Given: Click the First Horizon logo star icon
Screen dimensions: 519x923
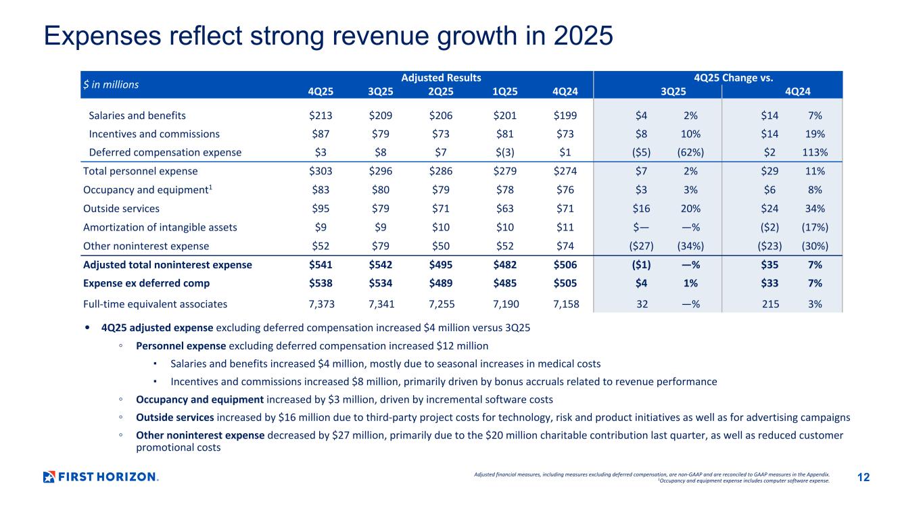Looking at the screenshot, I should [49, 477].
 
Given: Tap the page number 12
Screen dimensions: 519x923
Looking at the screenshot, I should [863, 478].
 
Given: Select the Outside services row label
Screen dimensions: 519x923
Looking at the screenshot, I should [122, 209].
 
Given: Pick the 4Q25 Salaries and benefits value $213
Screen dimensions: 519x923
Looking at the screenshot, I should [319, 116].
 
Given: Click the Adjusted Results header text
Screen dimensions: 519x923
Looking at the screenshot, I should [442, 78].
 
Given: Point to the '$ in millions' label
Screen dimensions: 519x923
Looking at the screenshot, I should [111, 84].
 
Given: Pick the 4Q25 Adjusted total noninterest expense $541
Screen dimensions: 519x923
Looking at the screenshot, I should [319, 265].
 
